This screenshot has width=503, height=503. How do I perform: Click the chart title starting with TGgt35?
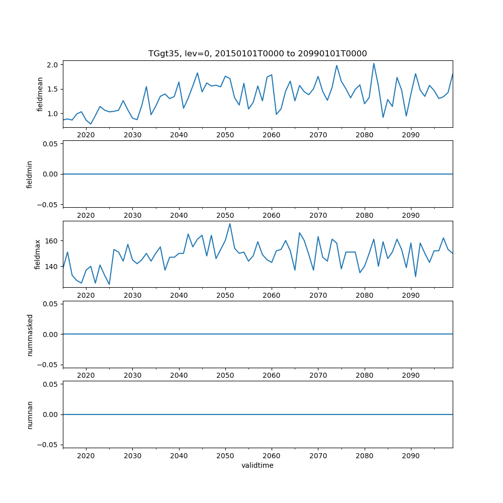pos(258,53)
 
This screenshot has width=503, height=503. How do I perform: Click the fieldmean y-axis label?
pos(40,94)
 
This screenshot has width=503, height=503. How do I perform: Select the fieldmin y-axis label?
pos(30,174)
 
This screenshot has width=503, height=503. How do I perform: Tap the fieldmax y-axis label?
pos(38,254)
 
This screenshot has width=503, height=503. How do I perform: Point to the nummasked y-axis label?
pos(30,334)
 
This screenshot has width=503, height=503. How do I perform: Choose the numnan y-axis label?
pos(30,414)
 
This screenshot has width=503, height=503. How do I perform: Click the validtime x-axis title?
pos(258,465)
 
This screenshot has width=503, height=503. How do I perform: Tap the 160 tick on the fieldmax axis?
pos(52,241)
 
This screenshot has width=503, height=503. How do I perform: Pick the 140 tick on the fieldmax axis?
pos(52,267)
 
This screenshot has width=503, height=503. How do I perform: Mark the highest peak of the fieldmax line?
pos(230,223)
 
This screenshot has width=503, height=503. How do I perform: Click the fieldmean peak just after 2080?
pos(374,63)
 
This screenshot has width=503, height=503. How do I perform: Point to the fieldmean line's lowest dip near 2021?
pos(91,124)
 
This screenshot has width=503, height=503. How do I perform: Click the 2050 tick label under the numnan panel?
pos(225,455)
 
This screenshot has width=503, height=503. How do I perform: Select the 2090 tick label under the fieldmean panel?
pos(411,135)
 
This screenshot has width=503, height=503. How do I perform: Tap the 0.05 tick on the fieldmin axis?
pos(51,144)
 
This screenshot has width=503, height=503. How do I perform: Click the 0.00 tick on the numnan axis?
pos(51,414)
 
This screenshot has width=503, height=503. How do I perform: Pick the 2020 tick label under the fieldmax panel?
pos(86,295)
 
